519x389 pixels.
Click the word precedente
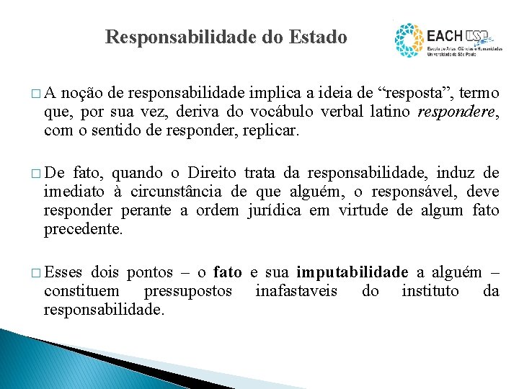click(83, 230)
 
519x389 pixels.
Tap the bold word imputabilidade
click(352, 272)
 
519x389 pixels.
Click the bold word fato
click(228, 272)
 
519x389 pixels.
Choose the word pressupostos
click(189, 290)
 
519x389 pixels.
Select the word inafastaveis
click(296, 290)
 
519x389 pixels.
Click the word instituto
click(430, 290)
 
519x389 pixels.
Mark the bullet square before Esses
click(37, 273)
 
